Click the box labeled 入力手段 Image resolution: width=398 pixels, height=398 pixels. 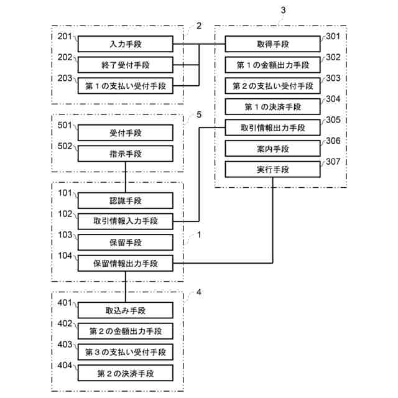tap(125, 44)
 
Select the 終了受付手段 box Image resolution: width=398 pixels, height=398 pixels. tap(125, 65)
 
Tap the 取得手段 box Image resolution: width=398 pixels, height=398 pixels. tap(272, 44)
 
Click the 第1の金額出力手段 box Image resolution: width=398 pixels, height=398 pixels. tap(272, 65)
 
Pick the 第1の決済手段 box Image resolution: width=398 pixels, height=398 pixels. tap(272, 107)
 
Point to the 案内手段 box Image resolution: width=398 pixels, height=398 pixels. tap(272, 149)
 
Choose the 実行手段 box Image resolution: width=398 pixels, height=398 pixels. tap(272, 170)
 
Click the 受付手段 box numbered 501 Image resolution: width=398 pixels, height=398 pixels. tap(125, 132)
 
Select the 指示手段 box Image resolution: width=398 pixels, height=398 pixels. tap(125, 153)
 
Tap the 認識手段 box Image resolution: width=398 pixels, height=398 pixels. tap(125, 200)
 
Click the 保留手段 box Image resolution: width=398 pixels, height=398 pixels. tap(125, 243)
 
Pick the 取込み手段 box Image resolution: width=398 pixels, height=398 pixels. tap(125, 310)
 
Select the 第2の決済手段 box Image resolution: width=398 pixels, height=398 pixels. tap(125, 373)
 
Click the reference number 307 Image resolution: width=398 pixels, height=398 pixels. tap(333, 164)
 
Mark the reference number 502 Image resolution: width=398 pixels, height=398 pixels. tap(65, 147)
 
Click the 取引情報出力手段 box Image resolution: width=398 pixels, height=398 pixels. tap(272, 128)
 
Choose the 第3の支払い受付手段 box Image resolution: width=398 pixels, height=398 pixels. tap(125, 352)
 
